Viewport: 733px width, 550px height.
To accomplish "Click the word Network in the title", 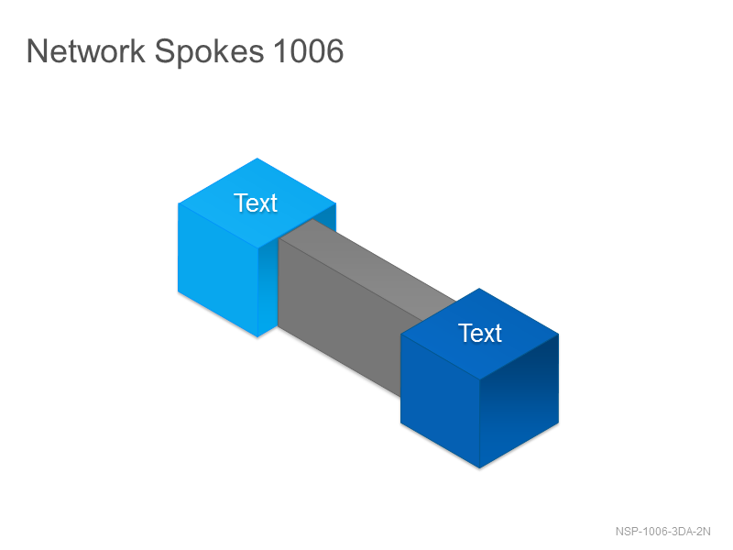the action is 86,50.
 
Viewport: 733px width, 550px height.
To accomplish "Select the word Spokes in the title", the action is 209,52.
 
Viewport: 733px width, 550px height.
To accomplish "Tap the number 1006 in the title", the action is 309,50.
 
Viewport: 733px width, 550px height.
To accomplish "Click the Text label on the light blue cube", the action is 256,203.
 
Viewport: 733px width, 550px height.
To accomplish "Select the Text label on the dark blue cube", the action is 479,333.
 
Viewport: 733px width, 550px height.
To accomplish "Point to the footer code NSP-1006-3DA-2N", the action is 662,532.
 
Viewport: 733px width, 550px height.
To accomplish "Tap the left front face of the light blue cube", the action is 218,269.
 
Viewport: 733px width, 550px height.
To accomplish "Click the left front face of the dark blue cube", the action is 441,401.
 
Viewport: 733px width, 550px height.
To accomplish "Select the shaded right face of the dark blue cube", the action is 520,401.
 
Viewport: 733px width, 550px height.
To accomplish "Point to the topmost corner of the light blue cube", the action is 257,158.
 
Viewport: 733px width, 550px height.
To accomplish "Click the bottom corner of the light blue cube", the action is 257,337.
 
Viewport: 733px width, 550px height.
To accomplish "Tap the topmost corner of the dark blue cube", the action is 479,288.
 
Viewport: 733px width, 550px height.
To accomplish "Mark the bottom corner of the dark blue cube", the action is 479,468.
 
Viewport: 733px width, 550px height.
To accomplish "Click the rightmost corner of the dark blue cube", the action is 559,334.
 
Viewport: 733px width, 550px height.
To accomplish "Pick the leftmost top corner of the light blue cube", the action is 178,203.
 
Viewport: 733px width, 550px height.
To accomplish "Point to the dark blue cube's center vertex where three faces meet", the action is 480,379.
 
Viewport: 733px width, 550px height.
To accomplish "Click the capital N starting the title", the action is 35,50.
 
